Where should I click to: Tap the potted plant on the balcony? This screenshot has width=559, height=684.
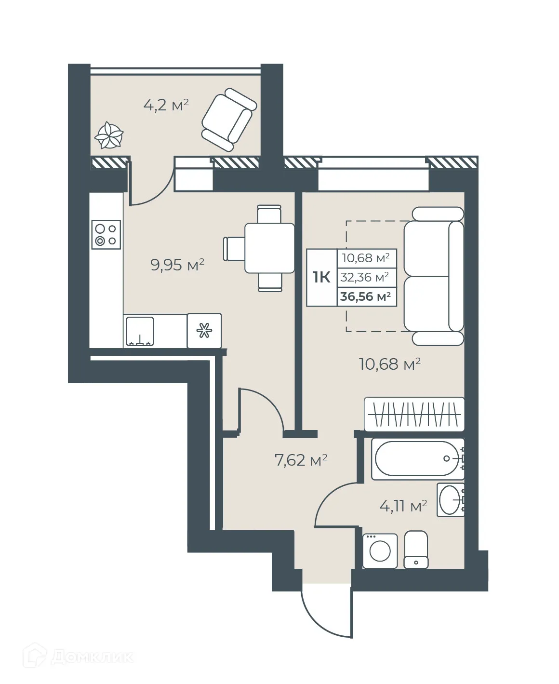pos(109,135)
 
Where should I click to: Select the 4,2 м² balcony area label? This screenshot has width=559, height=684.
pos(166,105)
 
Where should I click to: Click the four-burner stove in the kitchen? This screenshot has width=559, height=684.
pos(106,235)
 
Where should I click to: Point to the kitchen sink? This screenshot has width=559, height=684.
pos(140,331)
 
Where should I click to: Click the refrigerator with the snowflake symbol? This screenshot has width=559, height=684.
pos(204,331)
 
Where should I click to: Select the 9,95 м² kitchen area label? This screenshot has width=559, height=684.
pos(177,265)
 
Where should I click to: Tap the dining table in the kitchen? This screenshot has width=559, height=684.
pos(269,248)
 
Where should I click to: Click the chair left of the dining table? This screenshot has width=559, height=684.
pos(234,248)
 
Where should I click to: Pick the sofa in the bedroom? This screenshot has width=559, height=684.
pos(433,276)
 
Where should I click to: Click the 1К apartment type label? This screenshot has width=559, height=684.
pos(321,277)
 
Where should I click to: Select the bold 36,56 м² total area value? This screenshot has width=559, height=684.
pos(365,296)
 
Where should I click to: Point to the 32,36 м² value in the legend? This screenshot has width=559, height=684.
pos(365,277)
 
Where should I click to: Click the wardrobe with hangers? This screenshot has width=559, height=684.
pos(414,414)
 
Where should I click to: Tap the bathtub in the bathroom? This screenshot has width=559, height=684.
pos(417,458)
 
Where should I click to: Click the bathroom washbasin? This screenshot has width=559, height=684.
pos(451,500)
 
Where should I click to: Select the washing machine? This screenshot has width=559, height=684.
pos(380,550)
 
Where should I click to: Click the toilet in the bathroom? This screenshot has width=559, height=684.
pos(416,550)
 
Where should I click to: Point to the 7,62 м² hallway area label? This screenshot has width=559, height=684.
pos(301,460)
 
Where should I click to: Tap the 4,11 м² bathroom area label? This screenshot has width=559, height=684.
pos(403,506)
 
